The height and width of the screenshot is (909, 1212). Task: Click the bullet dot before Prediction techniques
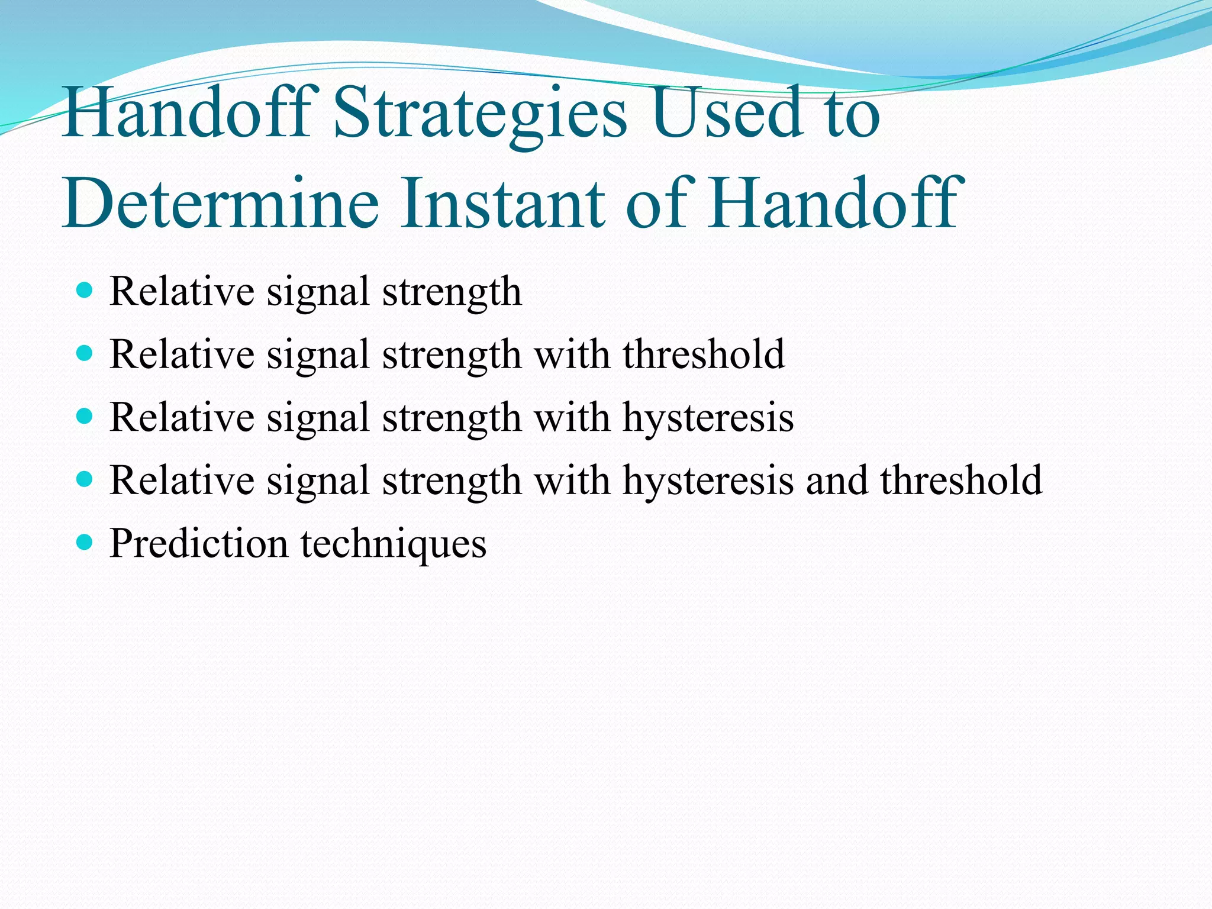click(85, 541)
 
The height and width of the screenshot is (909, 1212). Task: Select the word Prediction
click(199, 543)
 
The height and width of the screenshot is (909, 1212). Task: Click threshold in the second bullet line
click(704, 354)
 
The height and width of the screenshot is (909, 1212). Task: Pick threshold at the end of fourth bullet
click(961, 480)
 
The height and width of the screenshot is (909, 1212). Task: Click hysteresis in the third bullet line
click(708, 418)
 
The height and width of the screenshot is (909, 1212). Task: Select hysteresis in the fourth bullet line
click(708, 481)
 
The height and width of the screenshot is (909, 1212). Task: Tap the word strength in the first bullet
click(452, 292)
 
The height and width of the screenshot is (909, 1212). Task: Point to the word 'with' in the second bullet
click(572, 354)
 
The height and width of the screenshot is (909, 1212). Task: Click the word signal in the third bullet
click(318, 418)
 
